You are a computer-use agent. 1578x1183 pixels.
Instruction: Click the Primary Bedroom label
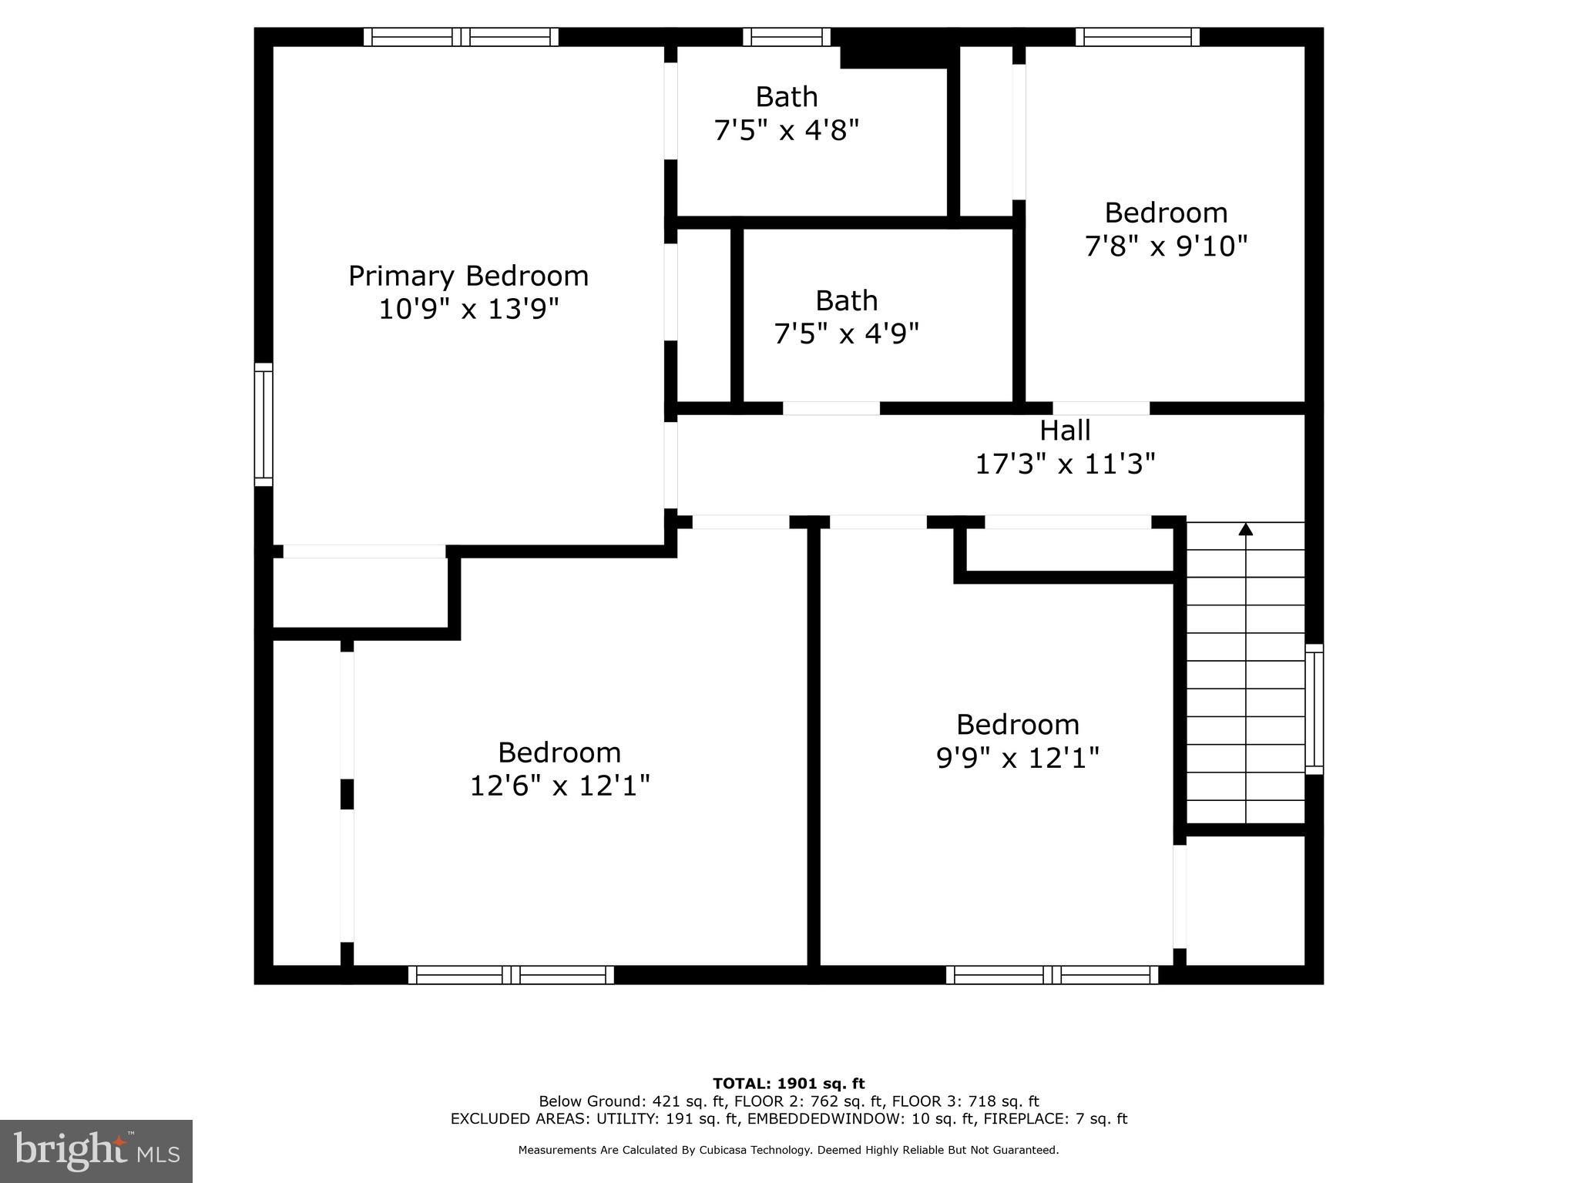[x=468, y=276]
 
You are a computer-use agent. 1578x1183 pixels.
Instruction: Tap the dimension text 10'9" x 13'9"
[x=468, y=310]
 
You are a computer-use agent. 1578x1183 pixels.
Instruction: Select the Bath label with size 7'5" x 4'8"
[x=786, y=97]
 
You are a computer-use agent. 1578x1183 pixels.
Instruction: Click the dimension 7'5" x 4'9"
[x=846, y=334]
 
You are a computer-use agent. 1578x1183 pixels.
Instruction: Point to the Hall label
[x=1065, y=431]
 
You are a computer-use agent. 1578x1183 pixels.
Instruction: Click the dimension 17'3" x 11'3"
[x=1065, y=464]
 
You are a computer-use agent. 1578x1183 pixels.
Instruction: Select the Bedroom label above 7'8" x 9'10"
[x=1165, y=213]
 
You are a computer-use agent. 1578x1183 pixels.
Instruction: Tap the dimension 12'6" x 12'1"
[x=559, y=786]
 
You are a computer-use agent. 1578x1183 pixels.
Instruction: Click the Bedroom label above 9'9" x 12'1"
[x=1017, y=725]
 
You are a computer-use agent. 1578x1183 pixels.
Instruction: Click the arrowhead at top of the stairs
[x=1245, y=529]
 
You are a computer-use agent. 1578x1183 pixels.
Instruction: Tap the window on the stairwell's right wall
[x=1314, y=709]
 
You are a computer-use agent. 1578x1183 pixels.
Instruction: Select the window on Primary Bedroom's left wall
[x=264, y=424]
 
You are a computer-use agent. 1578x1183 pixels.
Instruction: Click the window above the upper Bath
[x=787, y=37]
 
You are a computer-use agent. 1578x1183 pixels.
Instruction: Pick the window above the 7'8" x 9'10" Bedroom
[x=1137, y=37]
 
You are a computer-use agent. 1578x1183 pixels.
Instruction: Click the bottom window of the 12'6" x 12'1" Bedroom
[x=511, y=975]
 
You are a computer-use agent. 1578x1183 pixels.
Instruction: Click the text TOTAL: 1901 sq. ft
[x=788, y=1084]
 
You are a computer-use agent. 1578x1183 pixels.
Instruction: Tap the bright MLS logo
[x=96, y=1151]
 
